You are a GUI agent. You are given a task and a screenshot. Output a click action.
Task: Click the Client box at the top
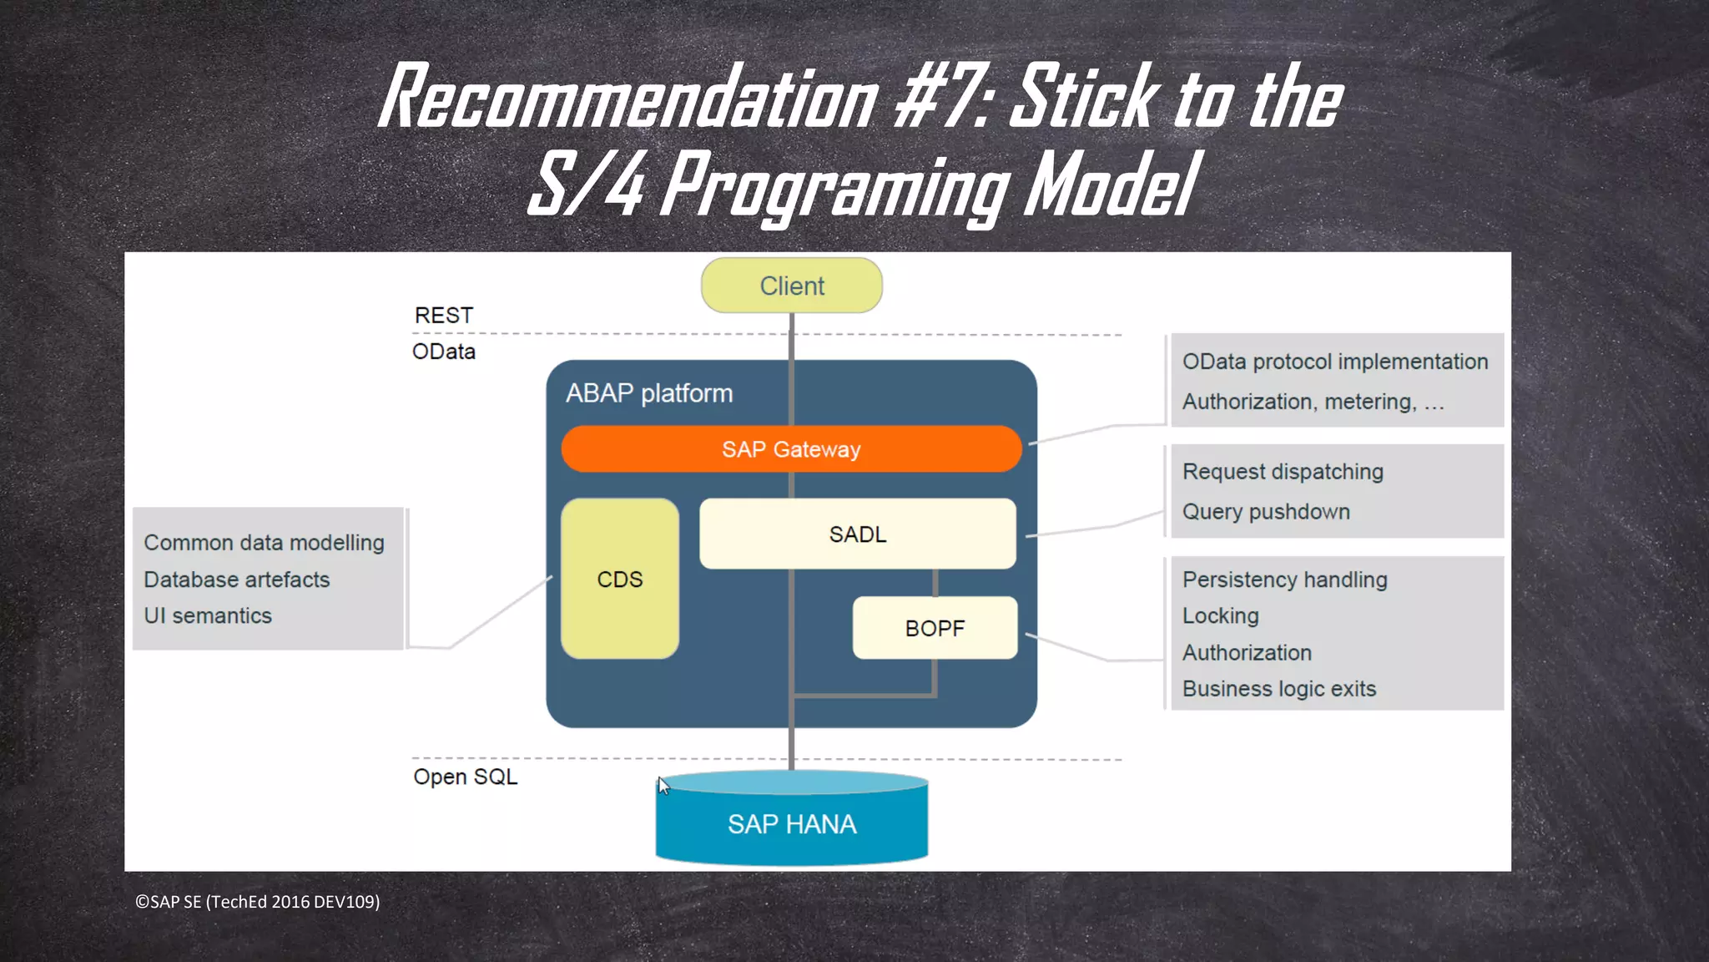(x=791, y=286)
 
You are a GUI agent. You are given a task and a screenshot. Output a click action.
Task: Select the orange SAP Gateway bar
(x=791, y=449)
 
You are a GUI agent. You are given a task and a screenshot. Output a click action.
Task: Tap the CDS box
(x=620, y=579)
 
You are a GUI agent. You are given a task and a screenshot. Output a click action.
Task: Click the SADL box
(x=858, y=534)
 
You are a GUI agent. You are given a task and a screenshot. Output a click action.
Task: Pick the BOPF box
(x=935, y=628)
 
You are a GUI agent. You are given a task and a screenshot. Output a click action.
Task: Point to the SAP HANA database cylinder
(x=791, y=823)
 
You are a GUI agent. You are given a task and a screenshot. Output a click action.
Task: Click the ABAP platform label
(x=649, y=393)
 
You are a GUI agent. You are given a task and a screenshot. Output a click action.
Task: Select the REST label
(x=443, y=316)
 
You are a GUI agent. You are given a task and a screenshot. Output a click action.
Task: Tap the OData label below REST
(x=443, y=352)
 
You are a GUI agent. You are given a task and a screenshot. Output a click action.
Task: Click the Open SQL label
(x=466, y=777)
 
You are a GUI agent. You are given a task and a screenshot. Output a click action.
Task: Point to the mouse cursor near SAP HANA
(x=663, y=785)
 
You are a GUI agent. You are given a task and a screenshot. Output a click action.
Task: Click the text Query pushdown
(x=1266, y=511)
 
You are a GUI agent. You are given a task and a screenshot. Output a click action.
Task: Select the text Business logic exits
(x=1278, y=689)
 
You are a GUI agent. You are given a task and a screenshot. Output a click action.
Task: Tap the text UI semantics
(x=208, y=615)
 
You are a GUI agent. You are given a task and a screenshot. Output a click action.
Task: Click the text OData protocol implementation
(x=1335, y=362)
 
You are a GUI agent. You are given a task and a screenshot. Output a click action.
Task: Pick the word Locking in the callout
(x=1220, y=615)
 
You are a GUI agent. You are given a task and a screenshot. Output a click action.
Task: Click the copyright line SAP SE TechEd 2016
(x=258, y=902)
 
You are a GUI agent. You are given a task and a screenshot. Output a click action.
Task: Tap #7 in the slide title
(x=940, y=99)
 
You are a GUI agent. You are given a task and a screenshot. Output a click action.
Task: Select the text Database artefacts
(x=236, y=580)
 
